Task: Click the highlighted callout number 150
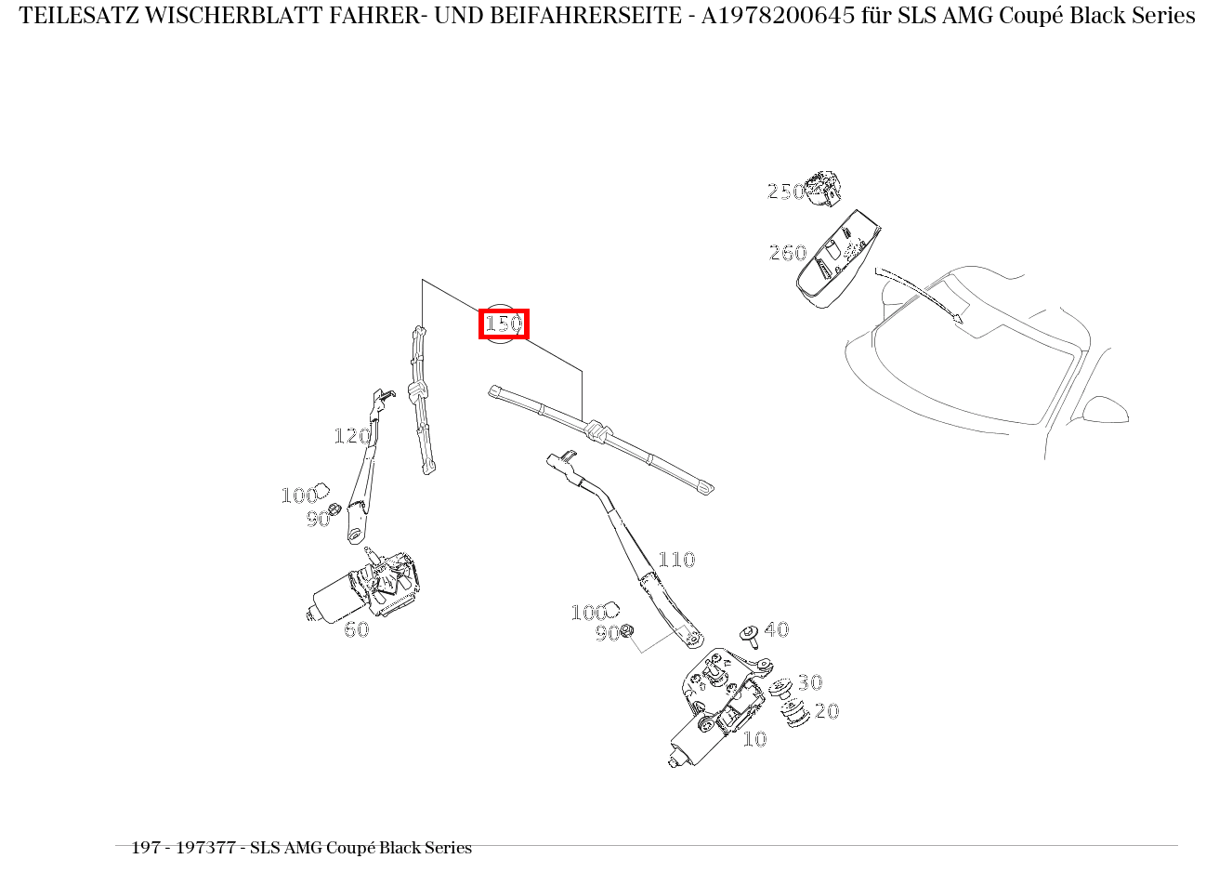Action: click(504, 324)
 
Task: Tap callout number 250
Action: click(785, 192)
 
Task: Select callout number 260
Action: click(788, 253)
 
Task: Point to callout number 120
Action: click(352, 436)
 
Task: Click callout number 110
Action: click(676, 560)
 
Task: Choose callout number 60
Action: click(357, 629)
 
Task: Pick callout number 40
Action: click(777, 629)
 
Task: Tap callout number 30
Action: click(809, 682)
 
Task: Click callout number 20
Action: click(826, 711)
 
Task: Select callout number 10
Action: click(754, 739)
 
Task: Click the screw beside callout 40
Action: click(750, 637)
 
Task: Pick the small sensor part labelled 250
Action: click(822, 187)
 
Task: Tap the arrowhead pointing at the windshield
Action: click(956, 318)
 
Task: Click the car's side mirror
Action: click(1106, 410)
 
